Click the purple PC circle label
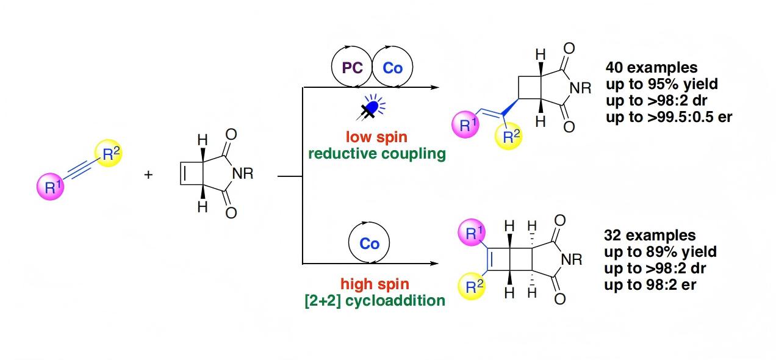[353, 68]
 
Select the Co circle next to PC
[392, 68]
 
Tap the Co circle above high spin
[370, 244]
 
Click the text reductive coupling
[376, 153]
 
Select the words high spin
[375, 284]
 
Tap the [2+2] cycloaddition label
[375, 300]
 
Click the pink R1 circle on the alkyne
[52, 187]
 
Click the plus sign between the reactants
[148, 175]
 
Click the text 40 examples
[651, 68]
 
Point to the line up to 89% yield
[659, 251]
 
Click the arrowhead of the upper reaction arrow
[434, 87]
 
